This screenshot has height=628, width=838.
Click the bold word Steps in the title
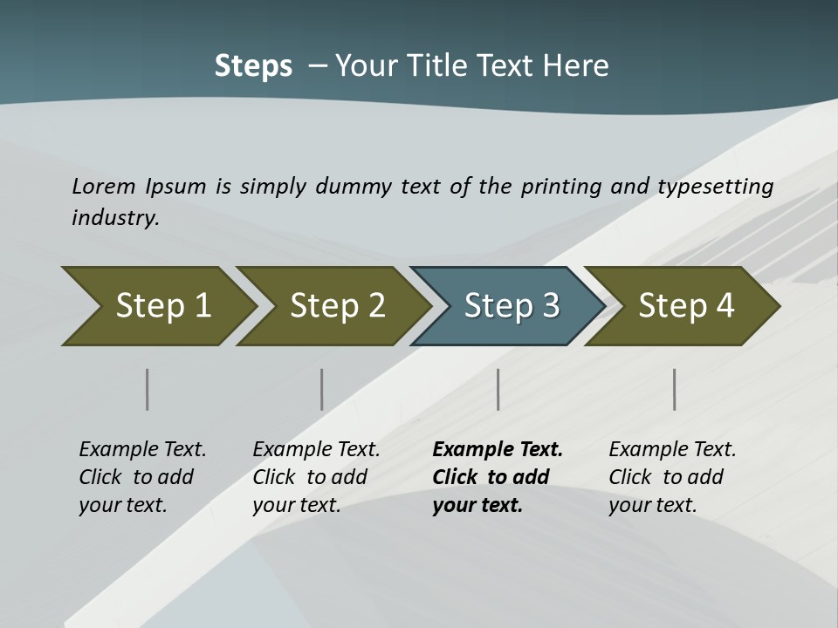253,66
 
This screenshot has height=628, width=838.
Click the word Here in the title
575,66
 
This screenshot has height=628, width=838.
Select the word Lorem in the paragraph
104,186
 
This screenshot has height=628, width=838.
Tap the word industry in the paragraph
115,217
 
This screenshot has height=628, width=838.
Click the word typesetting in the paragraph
716,186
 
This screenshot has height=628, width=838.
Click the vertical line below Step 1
148,389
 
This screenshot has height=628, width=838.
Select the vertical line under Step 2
322,389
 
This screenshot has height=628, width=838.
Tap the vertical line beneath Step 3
498,389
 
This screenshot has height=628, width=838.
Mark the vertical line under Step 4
675,389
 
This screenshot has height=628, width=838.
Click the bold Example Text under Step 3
498,477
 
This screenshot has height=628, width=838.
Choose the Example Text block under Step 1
142,477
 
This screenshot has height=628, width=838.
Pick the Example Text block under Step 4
672,477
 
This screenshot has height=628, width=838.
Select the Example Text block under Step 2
316,477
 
